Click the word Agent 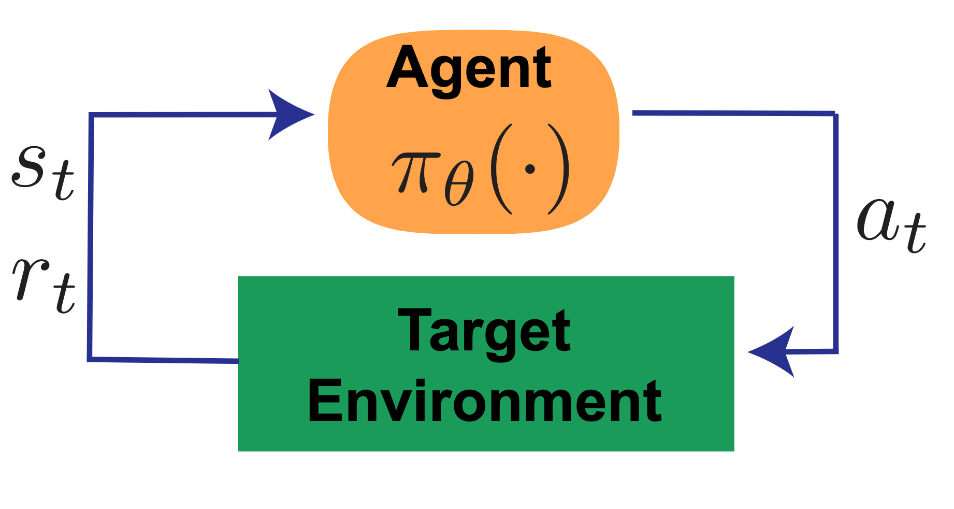pyautogui.click(x=469, y=68)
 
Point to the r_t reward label pyautogui.click(x=45, y=283)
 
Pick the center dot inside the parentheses pyautogui.click(x=529, y=169)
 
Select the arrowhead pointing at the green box pyautogui.click(x=772, y=352)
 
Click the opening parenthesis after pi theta pyautogui.click(x=500, y=169)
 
